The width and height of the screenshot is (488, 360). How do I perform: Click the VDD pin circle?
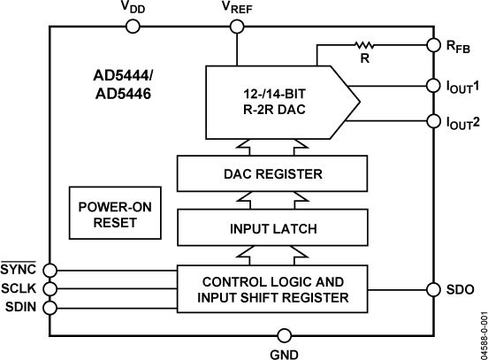tap(133, 27)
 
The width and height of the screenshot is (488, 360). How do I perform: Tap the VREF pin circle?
tap(236, 27)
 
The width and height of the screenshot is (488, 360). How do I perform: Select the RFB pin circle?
tap(433, 43)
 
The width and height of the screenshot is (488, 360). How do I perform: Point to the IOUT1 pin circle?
tap(433, 86)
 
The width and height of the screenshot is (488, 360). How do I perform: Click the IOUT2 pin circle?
tap(433, 120)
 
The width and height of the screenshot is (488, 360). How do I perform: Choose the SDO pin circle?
tap(433, 289)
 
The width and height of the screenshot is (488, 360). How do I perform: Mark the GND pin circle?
tap(285, 335)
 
